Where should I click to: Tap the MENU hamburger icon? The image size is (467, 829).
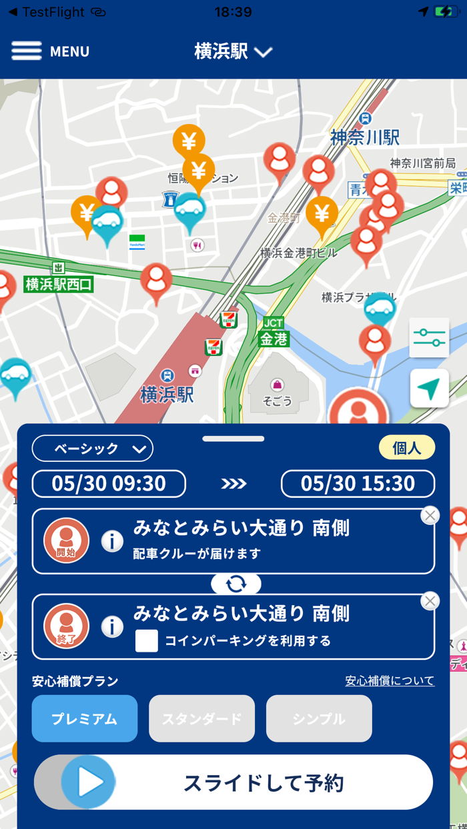[x=27, y=51]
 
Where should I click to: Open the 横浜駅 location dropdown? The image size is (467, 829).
[x=233, y=51]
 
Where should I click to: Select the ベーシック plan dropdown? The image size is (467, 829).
[x=93, y=448]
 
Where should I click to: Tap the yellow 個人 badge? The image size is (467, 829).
[x=406, y=448]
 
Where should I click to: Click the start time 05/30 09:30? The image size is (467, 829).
[x=109, y=484]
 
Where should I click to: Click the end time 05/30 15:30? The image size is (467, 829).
[x=358, y=484]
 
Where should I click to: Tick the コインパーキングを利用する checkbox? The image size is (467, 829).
[x=147, y=640]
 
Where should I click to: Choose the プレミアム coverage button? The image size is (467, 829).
[x=85, y=718]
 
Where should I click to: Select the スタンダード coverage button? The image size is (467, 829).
[x=201, y=718]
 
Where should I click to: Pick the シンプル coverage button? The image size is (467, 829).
[x=319, y=718]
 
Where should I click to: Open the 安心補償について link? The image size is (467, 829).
[x=390, y=680]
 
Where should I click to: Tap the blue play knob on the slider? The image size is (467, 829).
[x=88, y=782]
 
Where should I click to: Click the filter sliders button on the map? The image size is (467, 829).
[x=429, y=338]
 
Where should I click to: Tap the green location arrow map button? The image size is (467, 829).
[x=429, y=388]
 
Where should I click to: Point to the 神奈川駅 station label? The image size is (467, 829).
[x=365, y=137]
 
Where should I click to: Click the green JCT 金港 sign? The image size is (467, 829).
[x=274, y=332]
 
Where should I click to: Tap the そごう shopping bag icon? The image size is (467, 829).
[x=277, y=385]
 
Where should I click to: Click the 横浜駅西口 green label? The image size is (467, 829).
[x=59, y=285]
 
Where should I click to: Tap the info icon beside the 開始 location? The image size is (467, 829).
[x=112, y=541]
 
